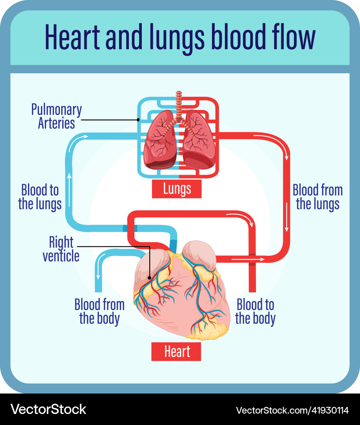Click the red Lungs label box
(x=177, y=189)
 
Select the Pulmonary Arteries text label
(x=56, y=116)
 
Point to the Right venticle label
(x=61, y=249)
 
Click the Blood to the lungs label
(x=40, y=197)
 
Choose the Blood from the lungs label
(x=317, y=197)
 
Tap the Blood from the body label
(x=99, y=311)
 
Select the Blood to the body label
(x=255, y=311)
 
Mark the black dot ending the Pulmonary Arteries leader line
(x=138, y=119)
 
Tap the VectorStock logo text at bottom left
(x=48, y=409)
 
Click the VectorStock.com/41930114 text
(x=292, y=410)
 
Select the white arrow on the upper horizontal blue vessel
(x=83, y=136)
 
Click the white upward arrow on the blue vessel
(x=69, y=179)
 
